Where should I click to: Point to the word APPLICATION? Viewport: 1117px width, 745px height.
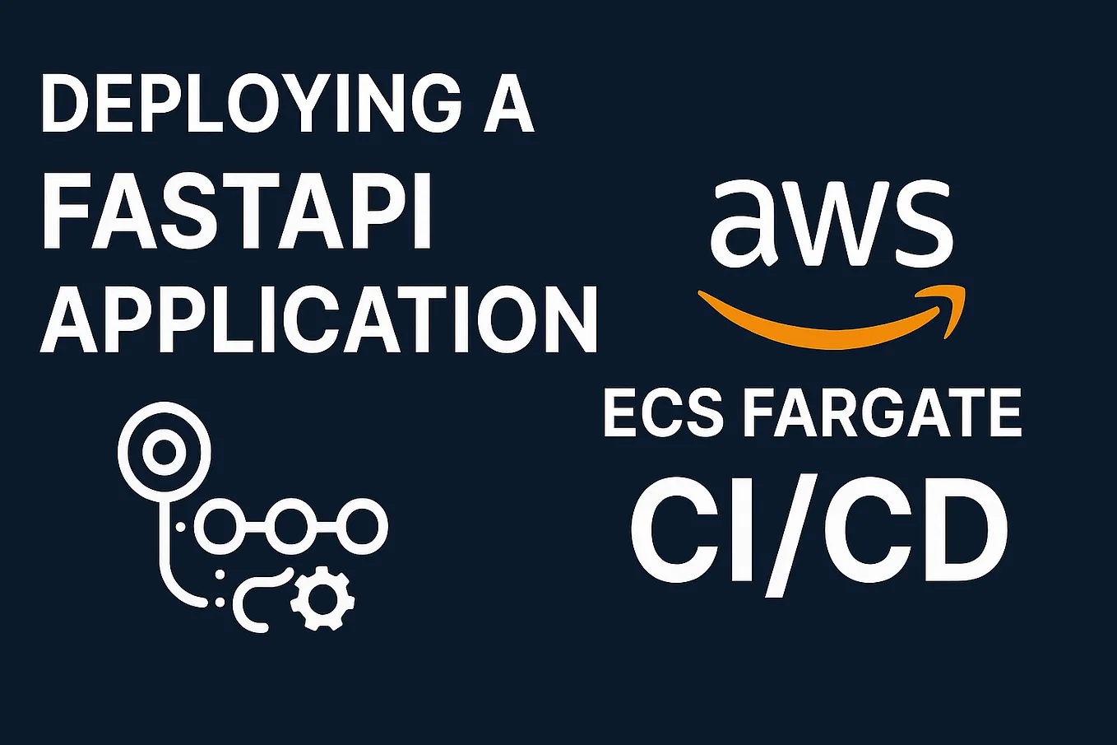pyautogui.click(x=319, y=319)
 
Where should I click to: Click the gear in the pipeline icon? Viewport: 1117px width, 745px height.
pyautogui.click(x=322, y=598)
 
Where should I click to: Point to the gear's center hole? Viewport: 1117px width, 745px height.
pyautogui.click(x=322, y=598)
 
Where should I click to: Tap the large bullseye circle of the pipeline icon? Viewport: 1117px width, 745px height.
pyautogui.click(x=164, y=451)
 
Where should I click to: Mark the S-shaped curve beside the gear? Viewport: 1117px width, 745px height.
pyautogui.click(x=255, y=601)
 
